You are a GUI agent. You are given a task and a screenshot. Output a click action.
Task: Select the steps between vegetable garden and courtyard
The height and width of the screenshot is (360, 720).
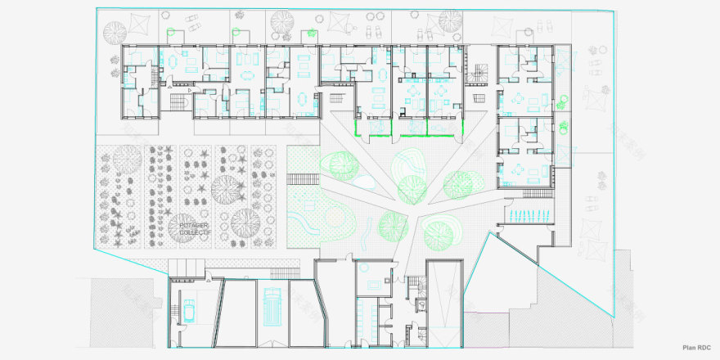tap(301, 181)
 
